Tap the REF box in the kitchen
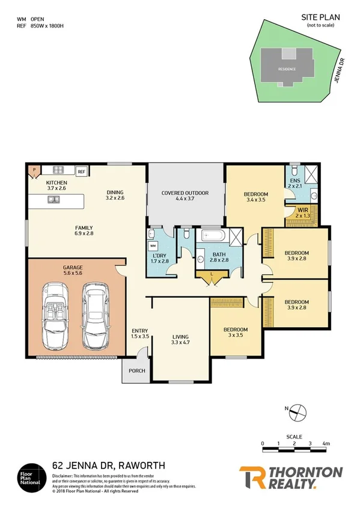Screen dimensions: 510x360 81,171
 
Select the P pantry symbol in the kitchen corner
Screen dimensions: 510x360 34,170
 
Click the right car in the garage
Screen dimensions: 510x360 96,317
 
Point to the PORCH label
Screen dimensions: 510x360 137,370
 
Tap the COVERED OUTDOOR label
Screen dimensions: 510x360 185,196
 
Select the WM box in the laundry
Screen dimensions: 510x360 153,246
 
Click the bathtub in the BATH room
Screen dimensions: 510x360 213,235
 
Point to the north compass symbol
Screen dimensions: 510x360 299,413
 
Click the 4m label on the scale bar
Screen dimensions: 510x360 326,443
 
